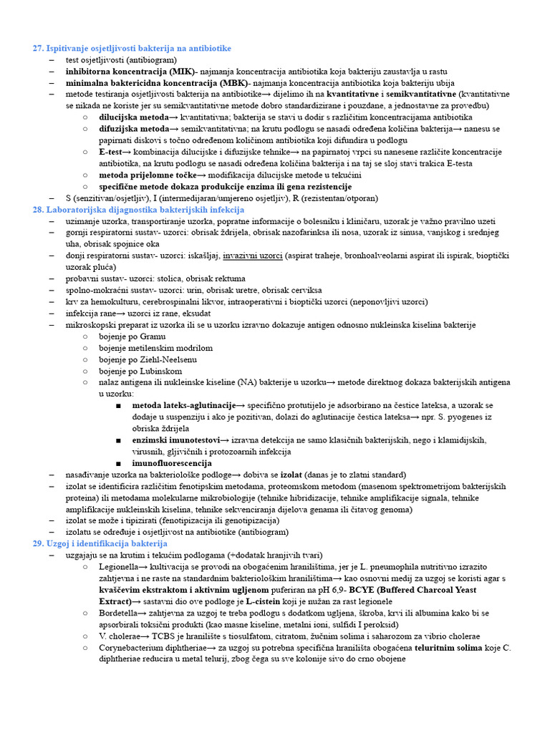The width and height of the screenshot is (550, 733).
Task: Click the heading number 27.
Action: pos(38,48)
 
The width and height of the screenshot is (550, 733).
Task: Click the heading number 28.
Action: pos(38,210)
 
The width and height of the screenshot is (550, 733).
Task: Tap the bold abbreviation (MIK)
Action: pos(184,72)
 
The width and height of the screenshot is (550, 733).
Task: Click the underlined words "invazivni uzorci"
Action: pos(253,256)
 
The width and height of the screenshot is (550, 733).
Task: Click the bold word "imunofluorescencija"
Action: pos(172,463)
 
